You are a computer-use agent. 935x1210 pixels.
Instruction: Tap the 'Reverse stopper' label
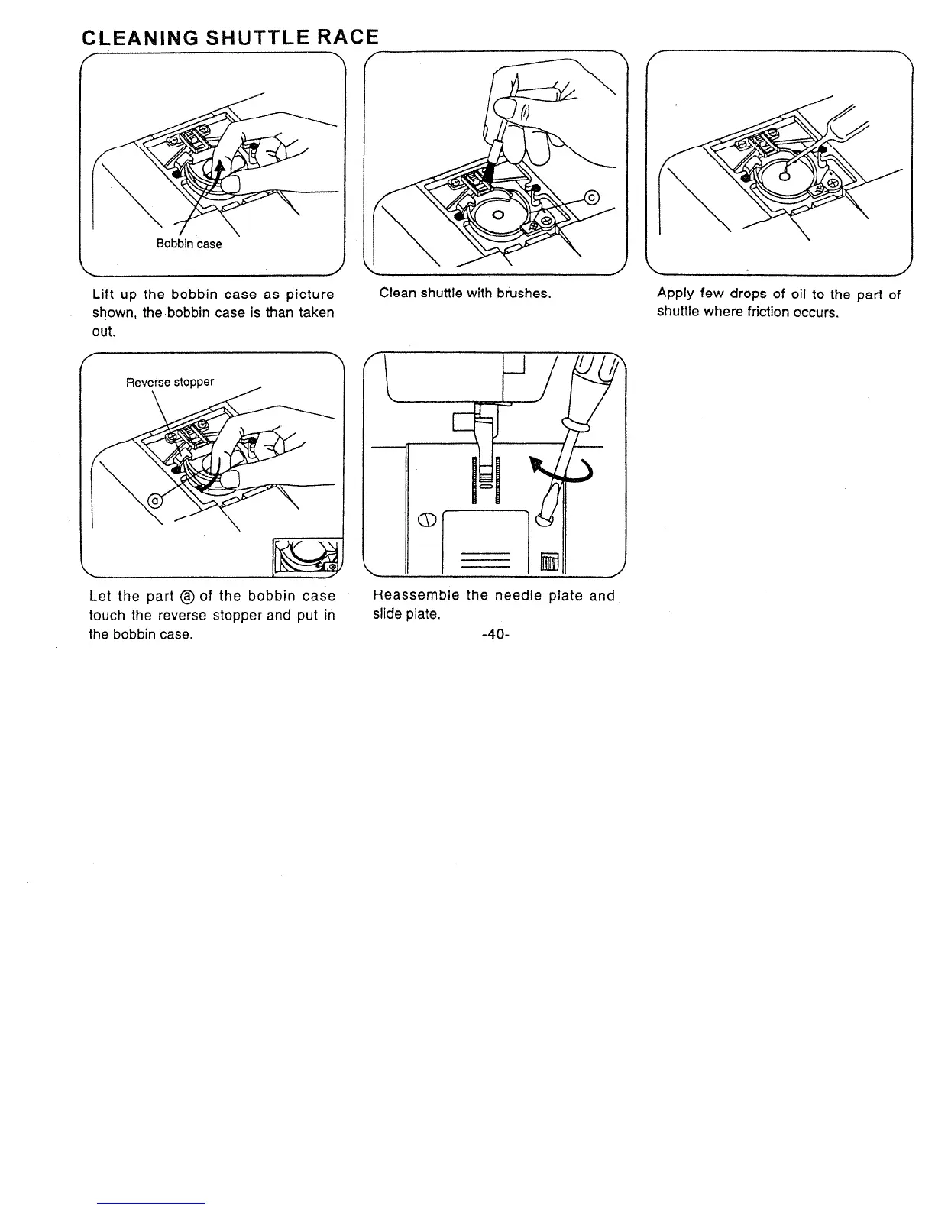tap(170, 382)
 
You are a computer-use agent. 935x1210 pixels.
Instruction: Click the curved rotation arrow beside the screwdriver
tap(566, 469)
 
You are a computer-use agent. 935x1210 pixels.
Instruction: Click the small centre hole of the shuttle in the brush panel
tap(498, 215)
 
